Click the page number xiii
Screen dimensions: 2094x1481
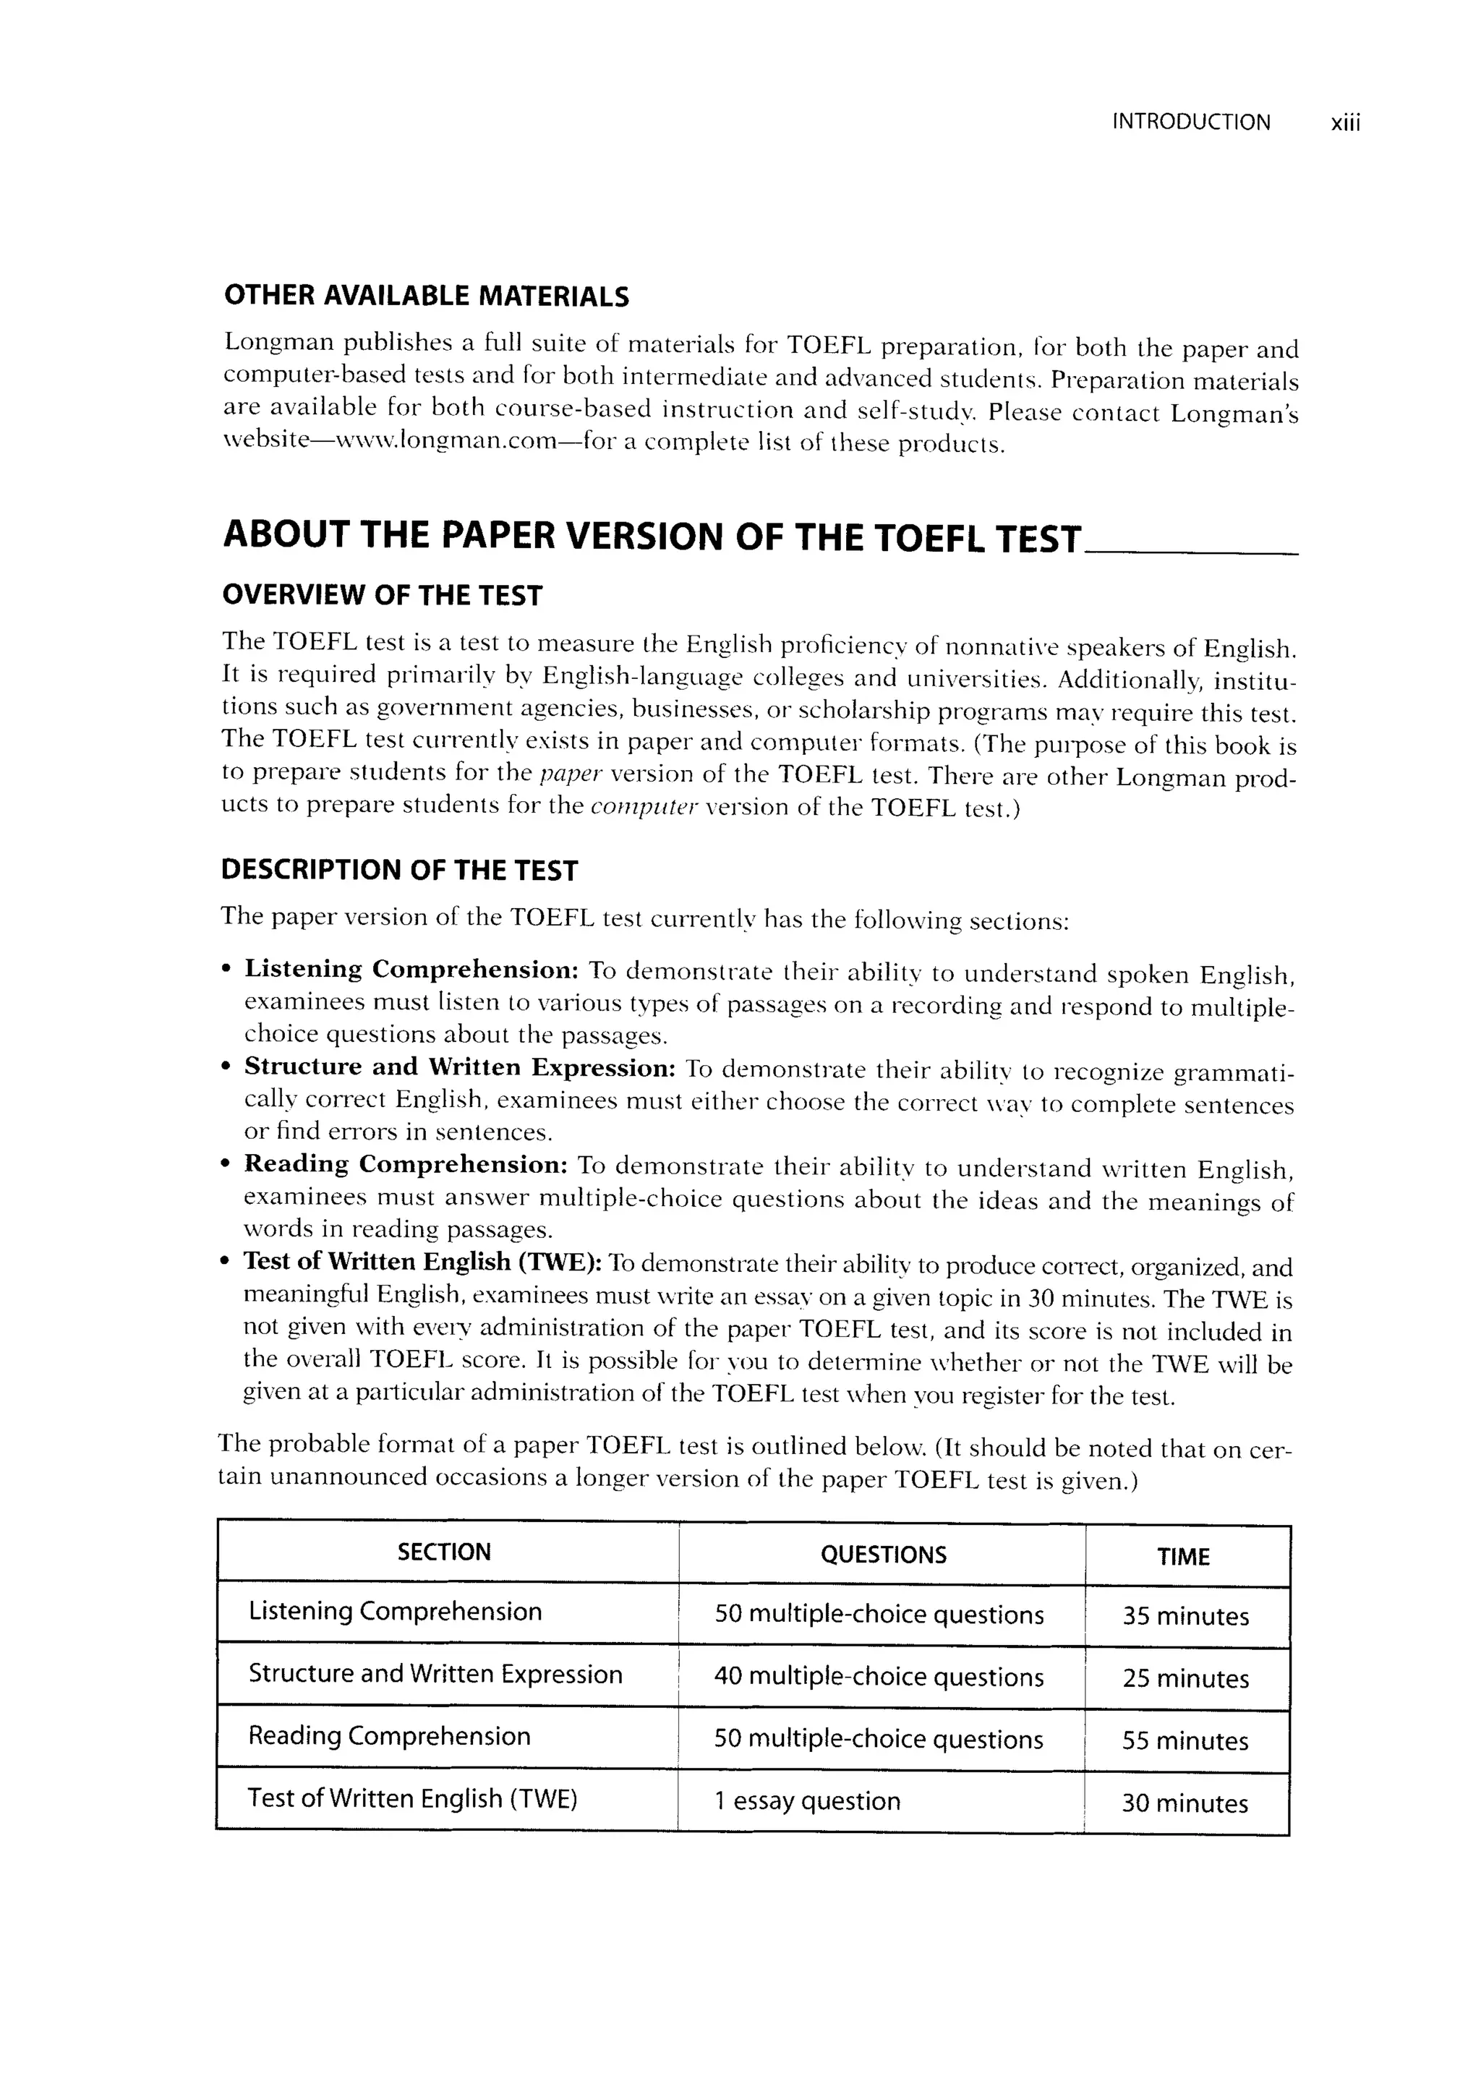point(1345,123)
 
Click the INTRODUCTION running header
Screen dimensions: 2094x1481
point(1191,122)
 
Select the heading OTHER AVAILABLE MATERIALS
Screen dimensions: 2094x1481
point(426,296)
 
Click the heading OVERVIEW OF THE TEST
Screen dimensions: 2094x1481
point(382,597)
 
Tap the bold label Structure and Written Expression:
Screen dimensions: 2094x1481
point(460,1067)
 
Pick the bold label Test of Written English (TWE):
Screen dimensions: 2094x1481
point(422,1262)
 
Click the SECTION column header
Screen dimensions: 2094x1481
point(444,1552)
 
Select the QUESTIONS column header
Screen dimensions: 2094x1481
point(883,1555)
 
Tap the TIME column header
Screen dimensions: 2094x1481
point(1183,1557)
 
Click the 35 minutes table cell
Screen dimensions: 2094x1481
point(1185,1616)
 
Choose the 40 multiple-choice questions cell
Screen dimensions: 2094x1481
point(878,1678)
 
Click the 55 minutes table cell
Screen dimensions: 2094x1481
point(1185,1741)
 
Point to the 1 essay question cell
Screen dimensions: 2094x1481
point(807,1801)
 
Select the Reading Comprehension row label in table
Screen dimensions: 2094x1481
point(389,1737)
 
